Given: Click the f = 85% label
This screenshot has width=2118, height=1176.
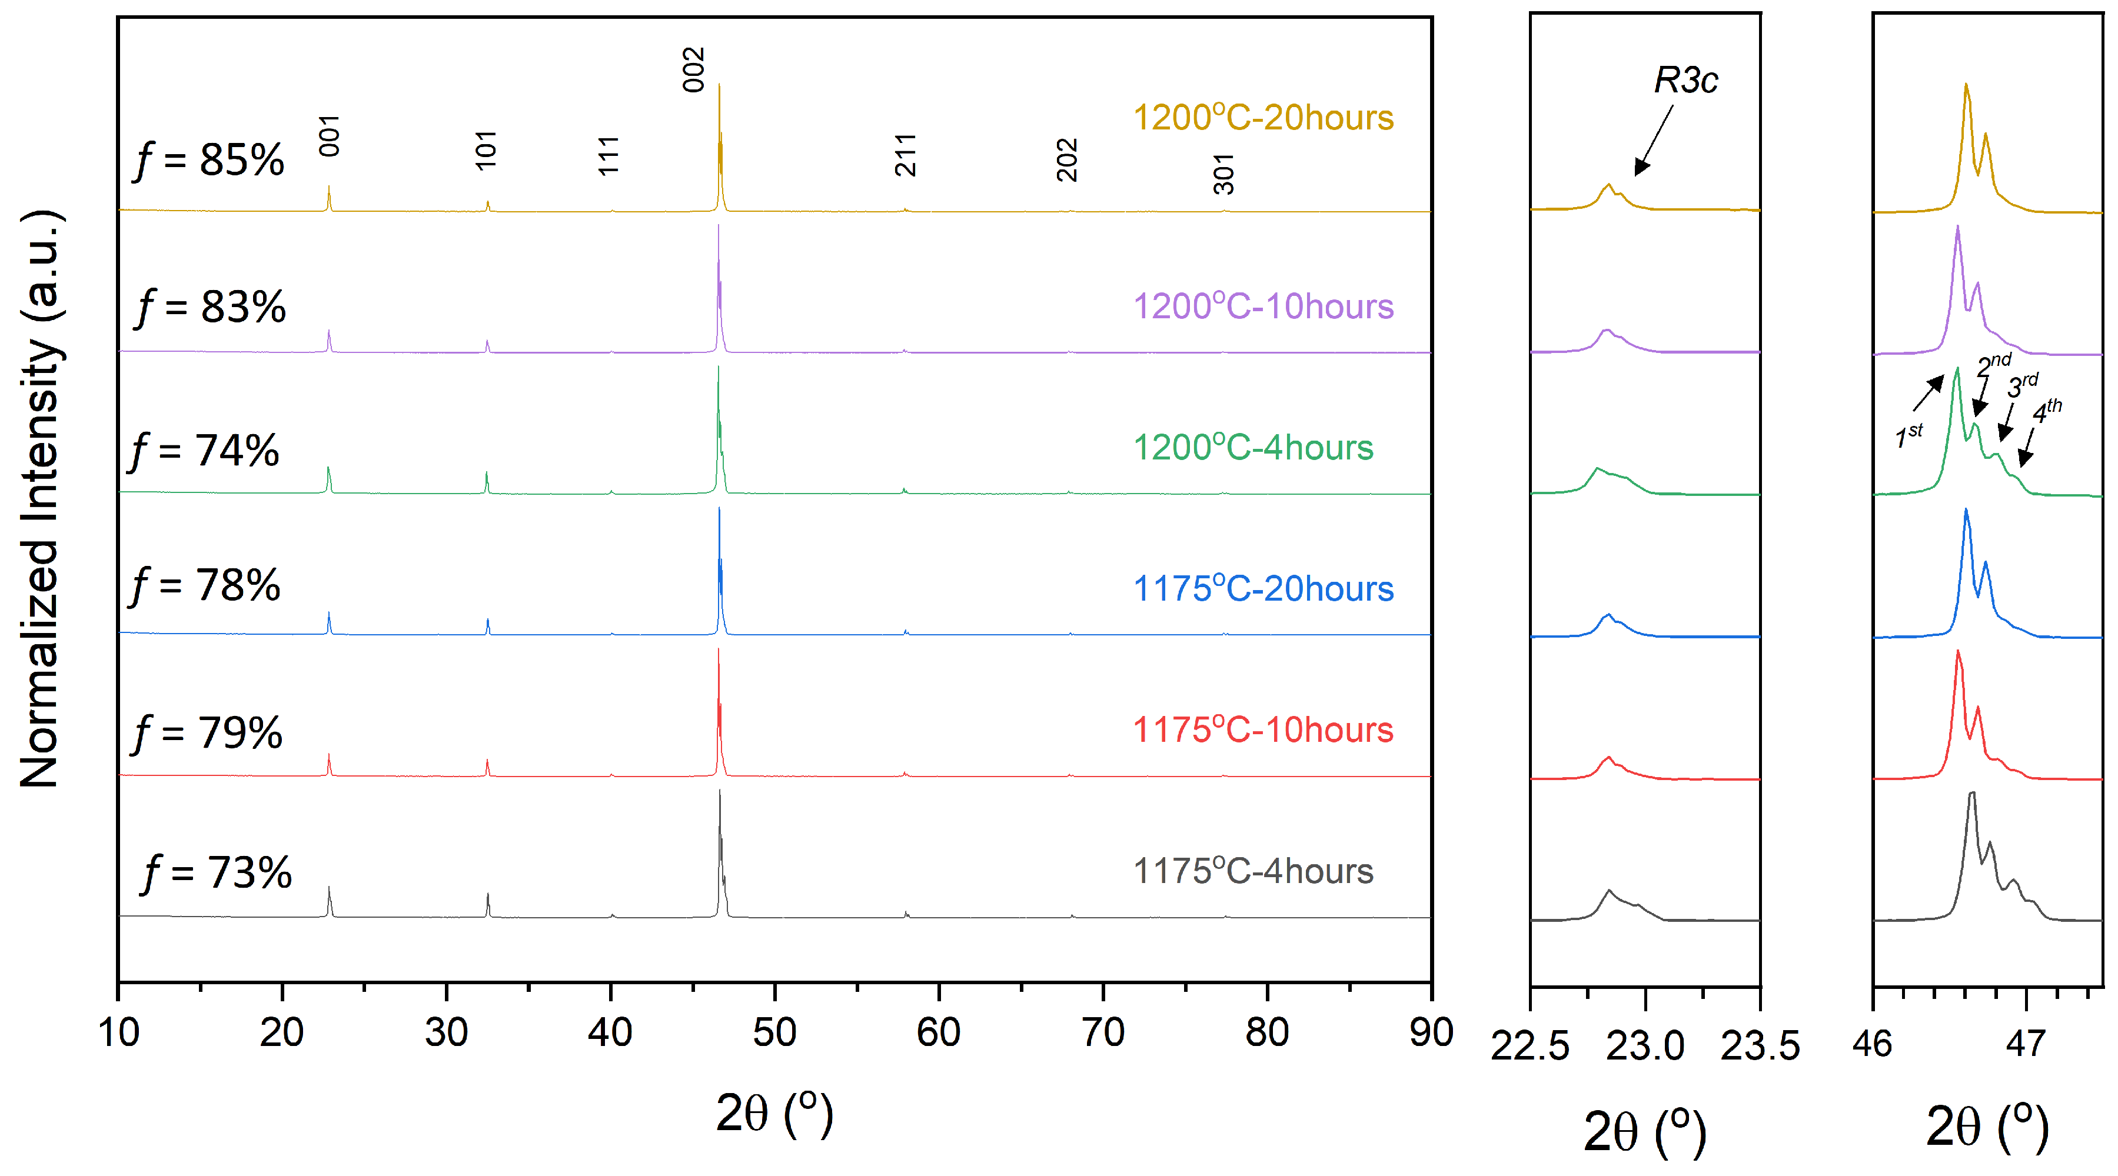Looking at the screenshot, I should (210, 159).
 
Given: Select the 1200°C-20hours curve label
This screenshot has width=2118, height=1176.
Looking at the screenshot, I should (1263, 118).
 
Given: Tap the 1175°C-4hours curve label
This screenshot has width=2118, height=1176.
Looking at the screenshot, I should (1252, 871).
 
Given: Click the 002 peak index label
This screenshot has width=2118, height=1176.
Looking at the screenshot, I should (693, 70).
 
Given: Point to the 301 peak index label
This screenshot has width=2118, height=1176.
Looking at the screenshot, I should (1223, 174).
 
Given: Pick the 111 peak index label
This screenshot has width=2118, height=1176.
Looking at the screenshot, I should (607, 156).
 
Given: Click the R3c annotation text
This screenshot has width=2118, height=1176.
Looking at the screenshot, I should (1685, 81).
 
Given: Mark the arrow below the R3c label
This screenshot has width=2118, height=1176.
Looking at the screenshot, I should (1654, 141).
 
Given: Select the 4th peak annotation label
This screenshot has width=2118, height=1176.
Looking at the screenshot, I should (2046, 410).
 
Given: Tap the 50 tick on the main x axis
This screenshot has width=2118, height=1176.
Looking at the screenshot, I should (774, 1032).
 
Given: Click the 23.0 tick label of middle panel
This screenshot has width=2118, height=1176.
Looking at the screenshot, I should (1644, 1046).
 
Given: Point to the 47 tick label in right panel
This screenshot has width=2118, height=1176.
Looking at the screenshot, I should (2025, 1044).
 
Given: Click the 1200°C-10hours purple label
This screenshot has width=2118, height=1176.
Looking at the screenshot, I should (1263, 307).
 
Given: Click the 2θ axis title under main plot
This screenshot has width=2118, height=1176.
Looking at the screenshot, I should (774, 1114).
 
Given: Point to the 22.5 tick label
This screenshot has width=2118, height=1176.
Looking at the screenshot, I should (1530, 1046).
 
